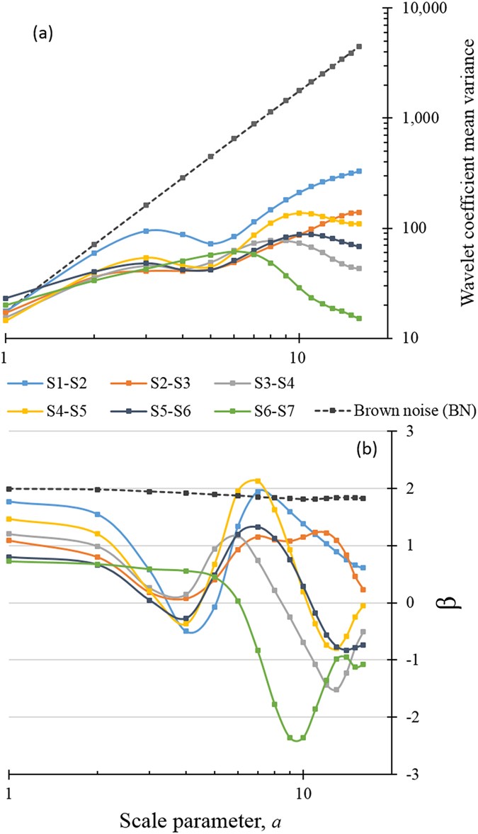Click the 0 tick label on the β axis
pos(406,603)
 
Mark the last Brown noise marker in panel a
pos(359,47)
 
